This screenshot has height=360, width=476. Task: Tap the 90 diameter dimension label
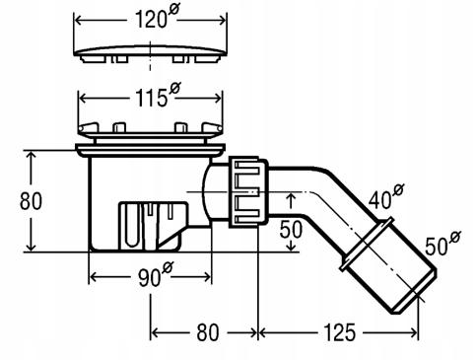coord(155,275)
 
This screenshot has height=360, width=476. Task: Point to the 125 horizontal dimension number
coord(339,332)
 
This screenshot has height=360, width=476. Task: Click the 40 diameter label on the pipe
coord(386,196)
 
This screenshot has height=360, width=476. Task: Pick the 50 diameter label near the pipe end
coord(442,244)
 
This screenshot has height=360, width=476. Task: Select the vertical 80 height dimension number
coord(31,201)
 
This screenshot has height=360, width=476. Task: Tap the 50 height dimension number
coord(291,229)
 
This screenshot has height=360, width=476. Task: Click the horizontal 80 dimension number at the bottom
coord(208,332)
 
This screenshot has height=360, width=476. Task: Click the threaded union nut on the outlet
coord(248,191)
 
